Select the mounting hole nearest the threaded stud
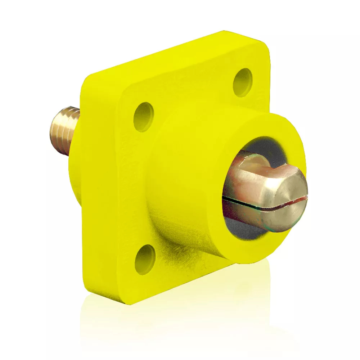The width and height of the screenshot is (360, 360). (144, 117)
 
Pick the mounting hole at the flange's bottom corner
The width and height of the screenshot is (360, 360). (145, 259)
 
